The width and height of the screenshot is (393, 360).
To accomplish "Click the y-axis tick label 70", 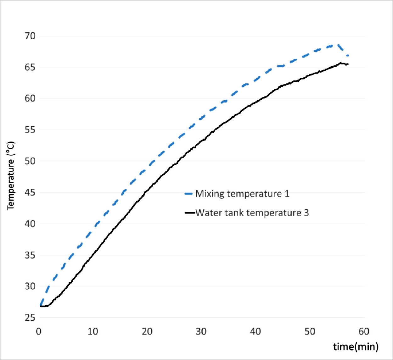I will [x=30, y=36].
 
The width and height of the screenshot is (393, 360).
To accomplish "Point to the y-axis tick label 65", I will [x=30, y=67].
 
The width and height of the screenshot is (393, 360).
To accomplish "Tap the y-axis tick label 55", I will [x=30, y=130].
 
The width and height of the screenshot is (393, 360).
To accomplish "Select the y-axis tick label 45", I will [x=30, y=192].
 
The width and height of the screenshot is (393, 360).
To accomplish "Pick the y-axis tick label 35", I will [x=30, y=255].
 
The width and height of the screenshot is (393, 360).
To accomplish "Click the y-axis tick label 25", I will [x=30, y=318].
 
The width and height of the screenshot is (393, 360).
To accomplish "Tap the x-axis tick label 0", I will [x=39, y=331].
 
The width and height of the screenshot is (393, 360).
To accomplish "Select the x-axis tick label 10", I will [x=93, y=331].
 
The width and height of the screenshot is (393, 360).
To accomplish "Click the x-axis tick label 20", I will [x=147, y=331].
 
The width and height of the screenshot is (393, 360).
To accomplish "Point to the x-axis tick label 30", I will [x=201, y=331].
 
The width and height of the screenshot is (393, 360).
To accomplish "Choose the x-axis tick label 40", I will [x=255, y=331].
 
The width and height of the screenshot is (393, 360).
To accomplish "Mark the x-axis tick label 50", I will [x=310, y=331].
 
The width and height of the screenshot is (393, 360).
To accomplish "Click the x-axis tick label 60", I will [x=364, y=331].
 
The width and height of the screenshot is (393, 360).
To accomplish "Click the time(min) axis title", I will [x=356, y=346].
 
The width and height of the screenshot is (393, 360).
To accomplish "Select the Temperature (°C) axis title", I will [x=11, y=175].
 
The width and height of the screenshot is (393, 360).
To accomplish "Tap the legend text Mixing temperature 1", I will [x=242, y=194].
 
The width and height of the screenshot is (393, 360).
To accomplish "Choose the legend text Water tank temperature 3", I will [x=252, y=213].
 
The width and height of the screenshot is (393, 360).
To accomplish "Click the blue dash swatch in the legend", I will [x=189, y=194].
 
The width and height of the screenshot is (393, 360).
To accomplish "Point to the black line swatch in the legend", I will [x=190, y=213].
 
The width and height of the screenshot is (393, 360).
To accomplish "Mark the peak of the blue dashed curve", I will [x=337, y=45].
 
